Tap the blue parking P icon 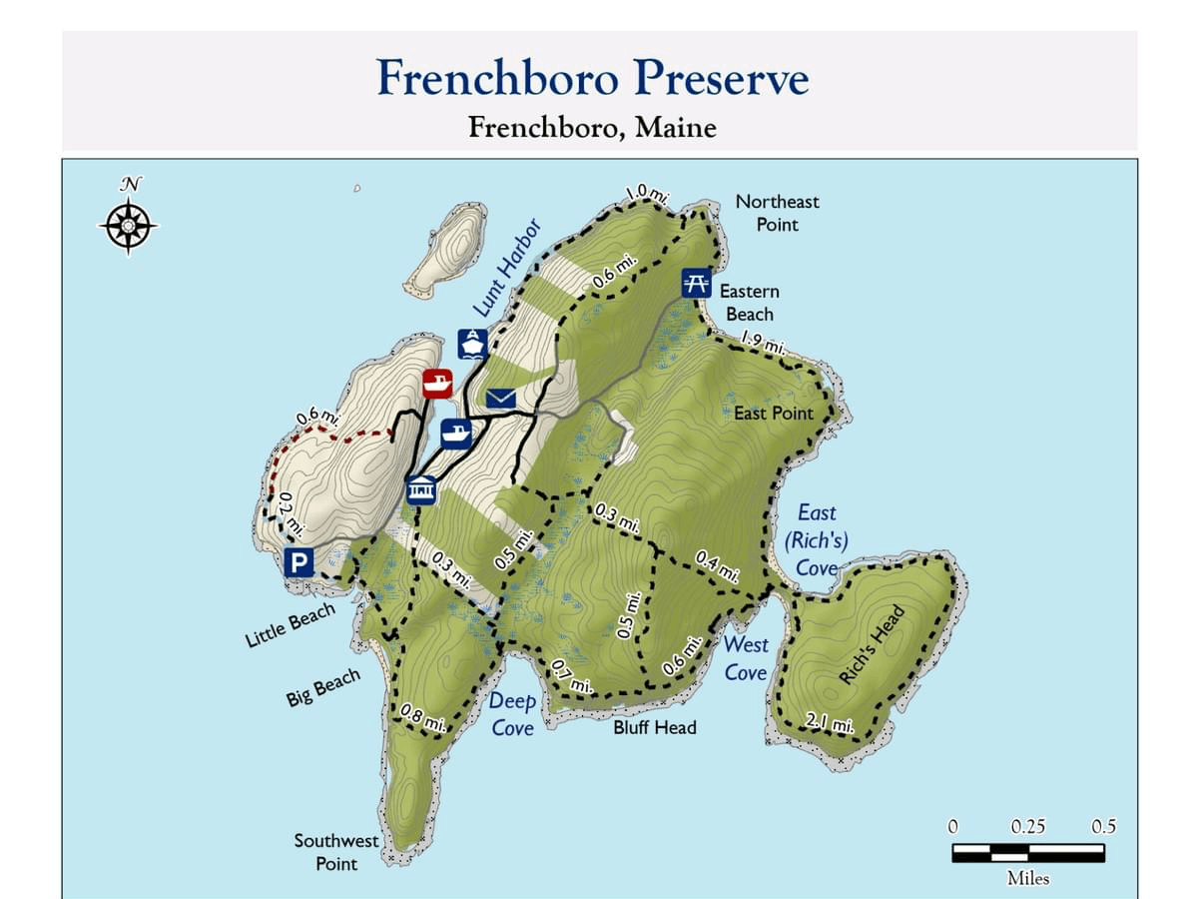coord(299,562)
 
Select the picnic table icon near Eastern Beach coord(696,282)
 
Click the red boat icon coord(437,383)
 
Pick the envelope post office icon coord(501,399)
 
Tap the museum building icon coord(421,490)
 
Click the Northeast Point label coord(777,213)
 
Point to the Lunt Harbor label coord(505,268)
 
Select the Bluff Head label coord(655,727)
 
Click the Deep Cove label coord(512,714)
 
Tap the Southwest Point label coord(336,851)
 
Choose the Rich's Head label coord(871,645)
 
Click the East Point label coord(774,413)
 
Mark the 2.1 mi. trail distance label coord(830,722)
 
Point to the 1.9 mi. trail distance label coord(764,346)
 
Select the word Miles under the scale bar coord(1028,879)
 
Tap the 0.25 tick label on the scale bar coord(1028,827)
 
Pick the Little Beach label coord(291,626)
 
